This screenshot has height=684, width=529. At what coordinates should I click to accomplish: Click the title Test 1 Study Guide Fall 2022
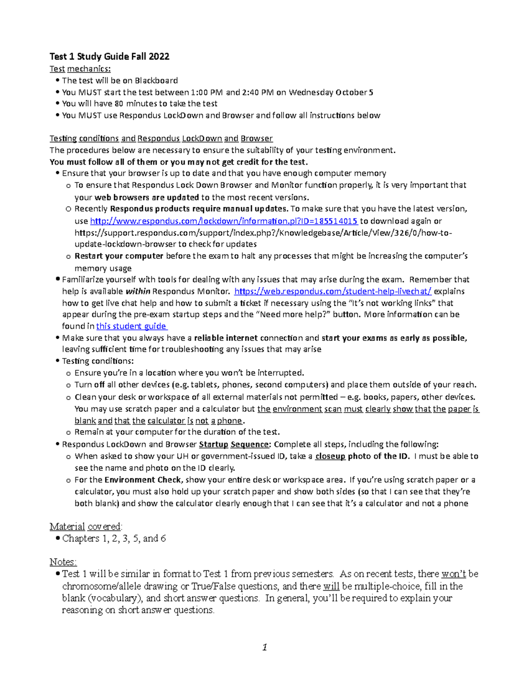109,56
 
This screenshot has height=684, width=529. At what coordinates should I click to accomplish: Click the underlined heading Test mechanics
80,69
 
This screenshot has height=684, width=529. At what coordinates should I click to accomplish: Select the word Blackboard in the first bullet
156,81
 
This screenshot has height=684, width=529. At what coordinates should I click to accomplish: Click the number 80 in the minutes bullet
119,104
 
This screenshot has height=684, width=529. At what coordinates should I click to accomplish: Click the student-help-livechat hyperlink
333,291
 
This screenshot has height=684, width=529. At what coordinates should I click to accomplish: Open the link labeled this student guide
131,326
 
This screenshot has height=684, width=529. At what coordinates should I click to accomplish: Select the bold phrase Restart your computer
119,256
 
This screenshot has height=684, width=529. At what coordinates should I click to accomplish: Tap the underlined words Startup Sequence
234,444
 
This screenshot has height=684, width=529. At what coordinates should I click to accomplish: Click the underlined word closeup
330,456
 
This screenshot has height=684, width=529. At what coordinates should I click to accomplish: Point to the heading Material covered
86,527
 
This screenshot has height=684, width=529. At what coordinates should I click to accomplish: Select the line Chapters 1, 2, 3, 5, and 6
114,539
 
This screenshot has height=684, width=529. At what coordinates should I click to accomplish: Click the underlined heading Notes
63,562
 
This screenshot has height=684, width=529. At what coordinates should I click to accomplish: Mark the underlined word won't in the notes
454,574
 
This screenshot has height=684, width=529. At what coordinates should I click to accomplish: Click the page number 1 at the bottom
264,647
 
